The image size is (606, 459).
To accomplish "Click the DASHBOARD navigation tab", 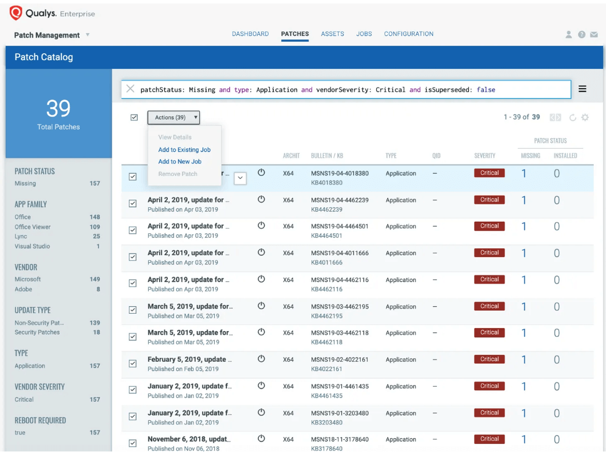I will tap(250, 34).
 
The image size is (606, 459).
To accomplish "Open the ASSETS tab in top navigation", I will tap(332, 34).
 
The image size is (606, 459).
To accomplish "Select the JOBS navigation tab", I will tap(364, 34).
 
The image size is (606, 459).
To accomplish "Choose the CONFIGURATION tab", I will tap(409, 34).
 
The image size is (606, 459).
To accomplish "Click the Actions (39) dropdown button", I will tap(174, 117).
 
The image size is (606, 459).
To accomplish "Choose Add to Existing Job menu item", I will tap(184, 150).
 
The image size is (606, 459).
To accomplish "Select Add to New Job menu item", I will tap(179, 162).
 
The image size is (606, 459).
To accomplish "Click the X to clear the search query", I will tap(130, 89).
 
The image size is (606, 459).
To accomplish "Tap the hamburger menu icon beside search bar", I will tap(582, 89).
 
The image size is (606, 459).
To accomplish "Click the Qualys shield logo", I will tap(16, 13).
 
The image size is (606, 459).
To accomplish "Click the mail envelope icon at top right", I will tap(594, 35).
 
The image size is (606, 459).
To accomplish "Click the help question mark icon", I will tap(582, 35).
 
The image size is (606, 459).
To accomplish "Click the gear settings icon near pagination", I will tap(585, 117).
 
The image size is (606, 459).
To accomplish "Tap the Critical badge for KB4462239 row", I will tap(489, 200).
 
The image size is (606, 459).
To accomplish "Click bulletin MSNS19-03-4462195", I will tap(339, 307).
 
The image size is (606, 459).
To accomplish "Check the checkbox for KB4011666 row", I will tap(133, 257).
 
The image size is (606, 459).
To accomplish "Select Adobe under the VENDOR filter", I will tap(24, 289).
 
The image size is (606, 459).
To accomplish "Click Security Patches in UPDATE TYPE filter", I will tap(37, 332).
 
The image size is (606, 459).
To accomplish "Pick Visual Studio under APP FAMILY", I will tap(32, 247).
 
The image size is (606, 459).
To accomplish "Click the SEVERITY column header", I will tap(484, 156).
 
